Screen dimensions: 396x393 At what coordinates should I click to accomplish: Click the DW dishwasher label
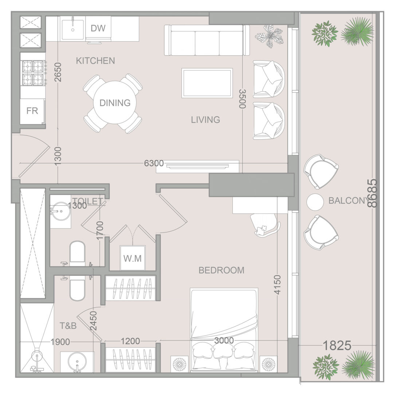click(98, 28)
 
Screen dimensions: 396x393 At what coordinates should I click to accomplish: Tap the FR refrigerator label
click(32, 111)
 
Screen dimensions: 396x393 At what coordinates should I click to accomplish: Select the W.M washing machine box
click(133, 258)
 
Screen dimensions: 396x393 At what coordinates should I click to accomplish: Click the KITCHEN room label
click(95, 61)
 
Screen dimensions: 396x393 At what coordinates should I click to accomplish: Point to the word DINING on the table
click(115, 103)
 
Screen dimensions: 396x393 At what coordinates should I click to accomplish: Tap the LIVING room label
click(205, 120)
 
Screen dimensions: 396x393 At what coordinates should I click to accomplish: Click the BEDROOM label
click(221, 270)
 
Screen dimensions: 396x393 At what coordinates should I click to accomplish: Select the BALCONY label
click(348, 201)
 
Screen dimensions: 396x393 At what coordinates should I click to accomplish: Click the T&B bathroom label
click(68, 326)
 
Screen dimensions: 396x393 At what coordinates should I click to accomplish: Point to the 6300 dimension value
click(154, 163)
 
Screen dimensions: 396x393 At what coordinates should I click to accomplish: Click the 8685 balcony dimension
click(373, 193)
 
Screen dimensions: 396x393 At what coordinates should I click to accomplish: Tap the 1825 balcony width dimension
click(337, 345)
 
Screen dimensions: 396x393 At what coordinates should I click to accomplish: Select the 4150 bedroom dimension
click(277, 285)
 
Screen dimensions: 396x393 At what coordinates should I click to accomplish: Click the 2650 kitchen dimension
click(58, 72)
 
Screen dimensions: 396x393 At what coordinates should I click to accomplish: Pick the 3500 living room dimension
click(243, 99)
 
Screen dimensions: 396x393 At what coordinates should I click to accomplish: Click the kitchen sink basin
click(73, 29)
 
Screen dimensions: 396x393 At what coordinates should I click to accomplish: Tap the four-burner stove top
click(33, 73)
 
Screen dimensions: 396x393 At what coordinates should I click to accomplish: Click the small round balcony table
click(315, 202)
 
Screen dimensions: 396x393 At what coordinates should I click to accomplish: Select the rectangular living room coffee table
click(207, 83)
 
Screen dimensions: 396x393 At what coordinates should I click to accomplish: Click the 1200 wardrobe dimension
click(130, 341)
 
